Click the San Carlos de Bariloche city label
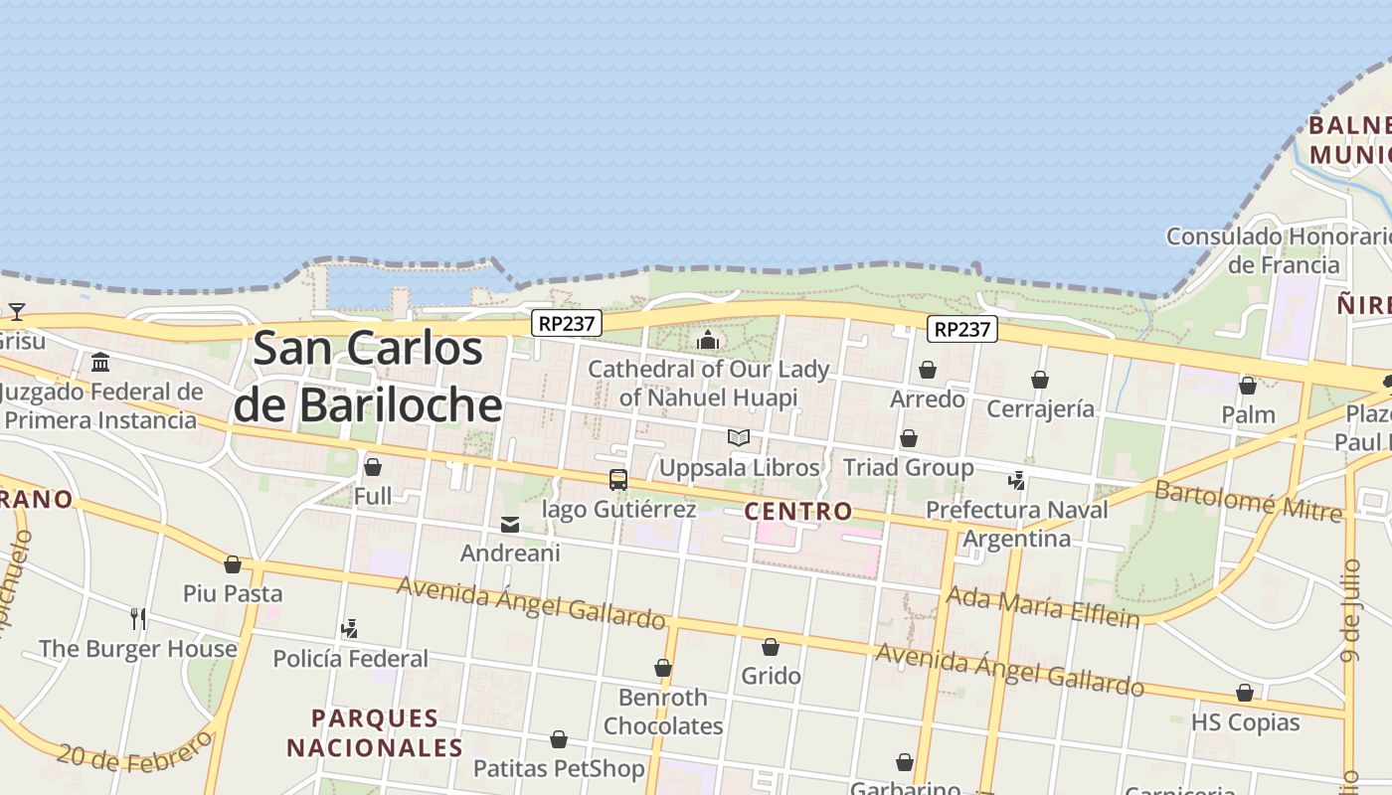pyautogui.click(x=368, y=377)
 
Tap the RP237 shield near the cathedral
pyautogui.click(x=567, y=323)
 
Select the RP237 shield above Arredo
pyautogui.click(x=961, y=329)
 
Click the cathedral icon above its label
pyautogui.click(x=708, y=341)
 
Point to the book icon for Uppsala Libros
pyautogui.click(x=738, y=438)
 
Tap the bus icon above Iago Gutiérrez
pyautogui.click(x=618, y=480)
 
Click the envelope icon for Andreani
pyautogui.click(x=510, y=525)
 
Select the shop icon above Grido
pyautogui.click(x=771, y=648)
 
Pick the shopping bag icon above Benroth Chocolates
pyautogui.click(x=663, y=669)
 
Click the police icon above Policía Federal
pyautogui.click(x=349, y=629)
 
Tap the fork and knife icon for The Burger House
pyautogui.click(x=138, y=619)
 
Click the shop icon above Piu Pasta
pyautogui.click(x=233, y=565)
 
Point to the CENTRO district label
pyautogui.click(x=798, y=511)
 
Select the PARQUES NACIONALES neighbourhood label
pyautogui.click(x=375, y=732)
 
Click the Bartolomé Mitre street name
pyautogui.click(x=1247, y=501)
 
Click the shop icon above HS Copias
pyautogui.click(x=1245, y=694)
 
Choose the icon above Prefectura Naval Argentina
pyautogui.click(x=1016, y=481)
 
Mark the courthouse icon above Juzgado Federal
pyautogui.click(x=100, y=363)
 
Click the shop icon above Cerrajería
pyautogui.click(x=1040, y=381)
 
